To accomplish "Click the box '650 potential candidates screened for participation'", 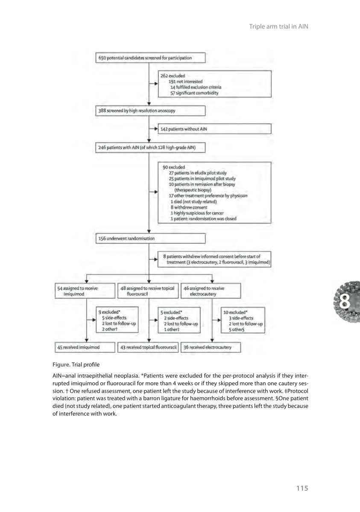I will coord(151,58).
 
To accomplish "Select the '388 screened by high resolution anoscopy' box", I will coord(151,111).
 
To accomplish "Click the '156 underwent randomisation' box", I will coord(151,239).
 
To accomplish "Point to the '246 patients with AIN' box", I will coord(151,148).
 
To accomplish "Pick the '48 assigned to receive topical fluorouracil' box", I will coord(147,291).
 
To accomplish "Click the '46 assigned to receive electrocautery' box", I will coord(211,291).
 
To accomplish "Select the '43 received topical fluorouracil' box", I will coord(147,347).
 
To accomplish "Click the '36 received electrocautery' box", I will coord(211,347).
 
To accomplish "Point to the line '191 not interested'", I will coord(185,81).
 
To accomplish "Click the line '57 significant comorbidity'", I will coord(194,93).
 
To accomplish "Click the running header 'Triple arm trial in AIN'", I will coord(278,26).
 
